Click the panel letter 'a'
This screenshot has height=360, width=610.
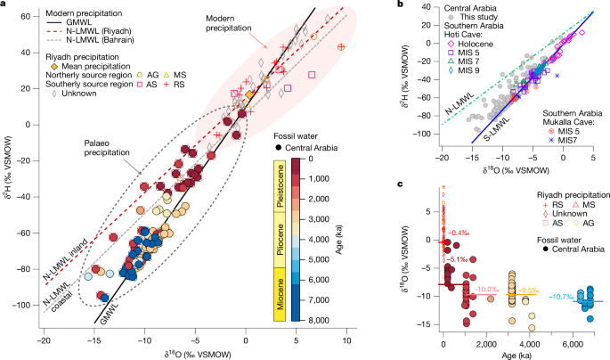[x=6, y=7]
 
